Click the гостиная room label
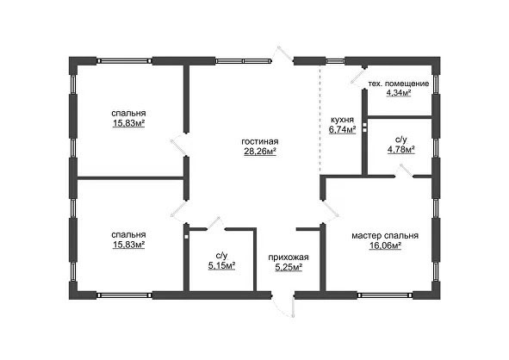(260, 142)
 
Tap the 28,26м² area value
(260, 152)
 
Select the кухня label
(342, 120)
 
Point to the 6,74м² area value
(342, 129)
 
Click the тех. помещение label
(398, 84)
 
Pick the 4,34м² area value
(398, 93)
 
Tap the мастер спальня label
(385, 236)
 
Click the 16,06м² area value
(385, 245)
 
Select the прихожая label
(289, 258)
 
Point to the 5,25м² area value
(289, 267)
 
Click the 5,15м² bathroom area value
(221, 266)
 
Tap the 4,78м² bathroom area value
(401, 150)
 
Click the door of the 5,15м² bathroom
(214, 223)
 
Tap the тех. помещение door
(357, 77)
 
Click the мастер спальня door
(331, 209)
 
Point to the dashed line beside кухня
(320, 120)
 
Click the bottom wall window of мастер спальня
(385, 295)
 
